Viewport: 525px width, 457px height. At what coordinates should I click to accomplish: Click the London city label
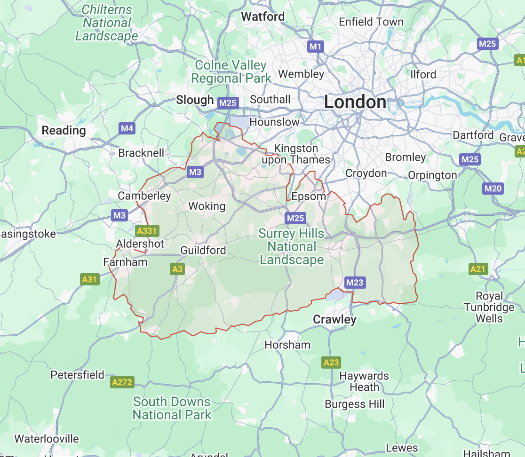pyautogui.click(x=355, y=102)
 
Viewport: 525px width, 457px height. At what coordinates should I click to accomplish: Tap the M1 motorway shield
pyautogui.click(x=315, y=46)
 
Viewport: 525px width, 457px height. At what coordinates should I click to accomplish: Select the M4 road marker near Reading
pyautogui.click(x=127, y=128)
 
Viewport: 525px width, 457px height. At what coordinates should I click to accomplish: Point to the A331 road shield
pyautogui.click(x=147, y=231)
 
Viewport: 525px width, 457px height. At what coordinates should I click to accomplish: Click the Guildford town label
pyautogui.click(x=203, y=250)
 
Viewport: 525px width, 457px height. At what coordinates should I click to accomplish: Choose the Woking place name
pyautogui.click(x=207, y=206)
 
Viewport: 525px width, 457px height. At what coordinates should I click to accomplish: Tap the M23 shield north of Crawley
pyautogui.click(x=354, y=282)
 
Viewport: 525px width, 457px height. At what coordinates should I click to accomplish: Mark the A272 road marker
pyautogui.click(x=122, y=382)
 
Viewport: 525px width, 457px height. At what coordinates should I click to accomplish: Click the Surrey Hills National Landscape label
pyautogui.click(x=292, y=246)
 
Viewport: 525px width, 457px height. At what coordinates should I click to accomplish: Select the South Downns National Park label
pyautogui.click(x=172, y=408)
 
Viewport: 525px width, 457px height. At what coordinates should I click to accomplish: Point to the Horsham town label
pyautogui.click(x=287, y=345)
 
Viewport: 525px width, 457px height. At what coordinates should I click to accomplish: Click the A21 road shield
pyautogui.click(x=478, y=269)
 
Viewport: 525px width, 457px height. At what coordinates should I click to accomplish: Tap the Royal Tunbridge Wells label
pyautogui.click(x=489, y=307)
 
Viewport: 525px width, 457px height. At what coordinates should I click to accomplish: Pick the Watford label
pyautogui.click(x=263, y=16)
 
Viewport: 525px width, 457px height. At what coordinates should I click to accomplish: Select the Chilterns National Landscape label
pyautogui.click(x=107, y=23)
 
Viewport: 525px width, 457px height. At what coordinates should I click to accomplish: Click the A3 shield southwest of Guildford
pyautogui.click(x=177, y=269)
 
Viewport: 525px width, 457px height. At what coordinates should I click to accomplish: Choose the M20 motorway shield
pyautogui.click(x=493, y=189)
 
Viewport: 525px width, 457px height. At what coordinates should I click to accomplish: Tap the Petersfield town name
pyautogui.click(x=78, y=375)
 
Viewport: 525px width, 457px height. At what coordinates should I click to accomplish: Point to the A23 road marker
pyautogui.click(x=331, y=362)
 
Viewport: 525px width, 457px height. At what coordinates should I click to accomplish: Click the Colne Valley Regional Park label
pyautogui.click(x=231, y=71)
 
